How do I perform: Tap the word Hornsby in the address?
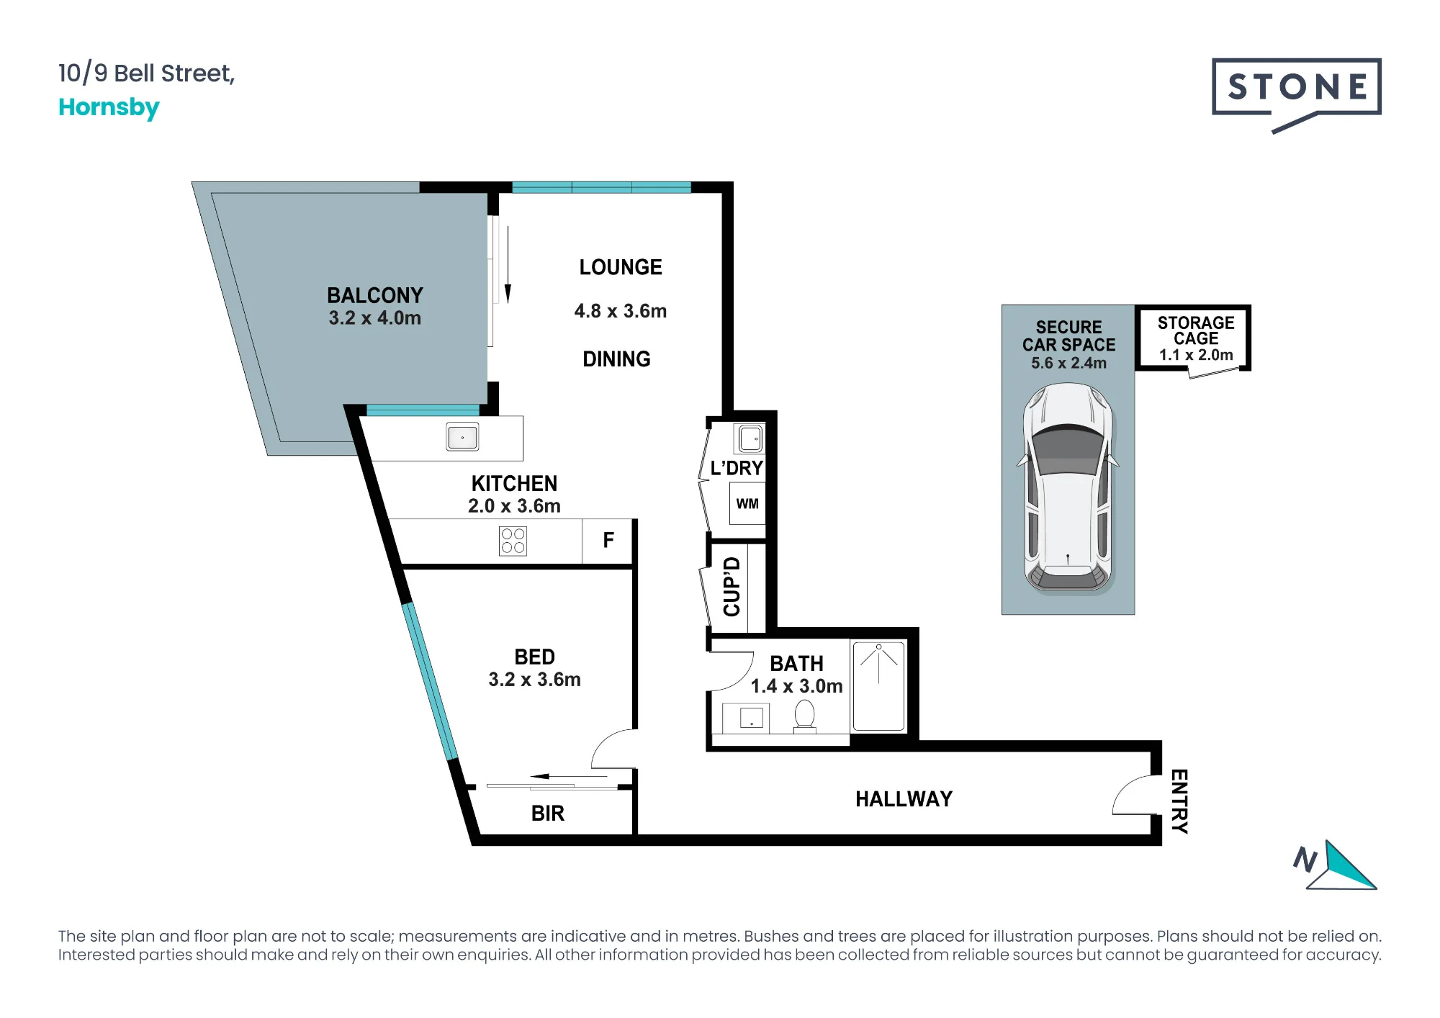[109, 107]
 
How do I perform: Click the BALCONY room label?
[375, 295]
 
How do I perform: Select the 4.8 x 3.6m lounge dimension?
[621, 311]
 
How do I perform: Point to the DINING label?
[616, 359]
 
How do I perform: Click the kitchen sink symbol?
[462, 437]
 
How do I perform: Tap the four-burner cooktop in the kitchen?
[513, 541]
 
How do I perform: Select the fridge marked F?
[608, 541]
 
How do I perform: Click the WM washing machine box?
[747, 503]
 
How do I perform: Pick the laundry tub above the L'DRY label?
[750, 438]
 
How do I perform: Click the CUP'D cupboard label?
[732, 587]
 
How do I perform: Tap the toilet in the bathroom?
[804, 717]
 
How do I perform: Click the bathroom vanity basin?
[751, 718]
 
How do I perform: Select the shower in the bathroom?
[878, 686]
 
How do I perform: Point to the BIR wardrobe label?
[548, 814]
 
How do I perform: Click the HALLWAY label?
[904, 799]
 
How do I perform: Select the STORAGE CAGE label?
[1196, 330]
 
